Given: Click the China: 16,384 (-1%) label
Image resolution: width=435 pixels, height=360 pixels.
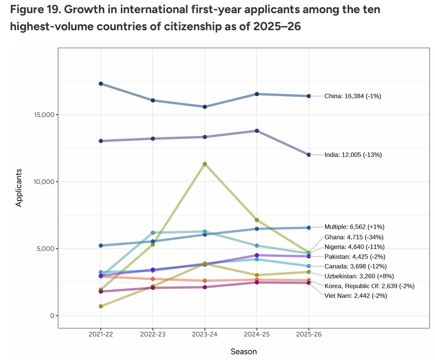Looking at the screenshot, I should tap(353, 96).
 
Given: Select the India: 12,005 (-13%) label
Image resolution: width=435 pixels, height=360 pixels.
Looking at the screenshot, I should tap(353, 155).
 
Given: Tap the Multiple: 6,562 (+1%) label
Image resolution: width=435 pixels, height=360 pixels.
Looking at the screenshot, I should tap(354, 227).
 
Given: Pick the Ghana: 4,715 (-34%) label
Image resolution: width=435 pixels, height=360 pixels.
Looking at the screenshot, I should tap(353, 237).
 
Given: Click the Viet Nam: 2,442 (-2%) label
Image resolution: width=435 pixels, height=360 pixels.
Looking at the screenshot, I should tap(355, 296).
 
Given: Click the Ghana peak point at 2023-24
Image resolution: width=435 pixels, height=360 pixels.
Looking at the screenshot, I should tap(205, 164).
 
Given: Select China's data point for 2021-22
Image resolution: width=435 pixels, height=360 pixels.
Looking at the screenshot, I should tap(101, 83).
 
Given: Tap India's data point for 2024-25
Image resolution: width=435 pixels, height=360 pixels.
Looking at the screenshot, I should tap(257, 131).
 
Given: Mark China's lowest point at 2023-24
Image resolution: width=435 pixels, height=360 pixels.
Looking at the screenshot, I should tap(205, 106).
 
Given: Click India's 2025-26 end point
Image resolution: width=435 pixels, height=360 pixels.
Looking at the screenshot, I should tap(309, 155).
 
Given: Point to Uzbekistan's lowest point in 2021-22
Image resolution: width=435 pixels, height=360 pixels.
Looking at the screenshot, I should tap(101, 306).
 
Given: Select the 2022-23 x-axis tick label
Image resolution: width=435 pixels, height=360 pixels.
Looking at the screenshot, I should tap(153, 335).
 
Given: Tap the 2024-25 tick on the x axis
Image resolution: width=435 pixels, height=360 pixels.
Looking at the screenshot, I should tap(257, 335).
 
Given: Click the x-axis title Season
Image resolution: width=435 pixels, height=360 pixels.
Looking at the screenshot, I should tap(243, 352).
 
